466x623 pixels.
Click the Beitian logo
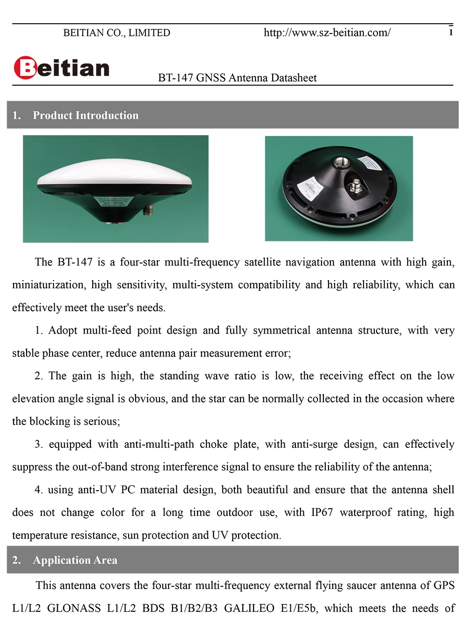coord(62,68)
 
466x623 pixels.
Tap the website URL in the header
coord(327,33)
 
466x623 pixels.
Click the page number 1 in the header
coord(451,32)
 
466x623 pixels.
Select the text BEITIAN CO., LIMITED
coord(116,33)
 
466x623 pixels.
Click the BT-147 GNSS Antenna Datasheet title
coord(237,78)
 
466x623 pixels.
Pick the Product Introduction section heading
coord(86,116)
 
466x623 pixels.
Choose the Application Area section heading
coord(75,560)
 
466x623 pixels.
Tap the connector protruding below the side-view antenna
coord(149,210)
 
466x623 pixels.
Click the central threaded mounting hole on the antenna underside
coord(337,163)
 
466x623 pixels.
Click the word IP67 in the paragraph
coord(322,513)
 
